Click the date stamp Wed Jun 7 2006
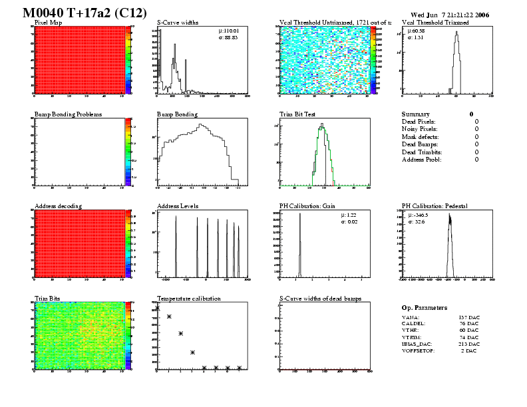click(x=450, y=14)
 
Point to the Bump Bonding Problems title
click(x=68, y=114)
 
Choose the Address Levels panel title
click(x=178, y=206)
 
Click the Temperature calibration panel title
click(x=188, y=299)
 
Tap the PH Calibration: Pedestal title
click(x=437, y=206)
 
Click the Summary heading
click(x=416, y=114)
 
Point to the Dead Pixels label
click(x=419, y=122)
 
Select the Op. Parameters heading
click(x=425, y=308)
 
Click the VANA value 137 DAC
click(x=468, y=318)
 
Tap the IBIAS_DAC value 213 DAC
click(x=468, y=344)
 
